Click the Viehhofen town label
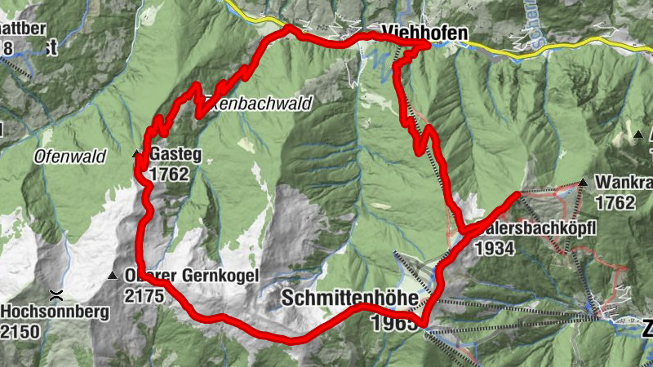[423, 33]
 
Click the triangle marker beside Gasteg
[136, 153]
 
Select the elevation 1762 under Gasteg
[169, 174]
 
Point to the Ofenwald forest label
[70, 156]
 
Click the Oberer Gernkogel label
[191, 276]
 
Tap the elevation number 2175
[144, 295]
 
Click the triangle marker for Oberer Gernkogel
[113, 275]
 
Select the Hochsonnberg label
[46, 312]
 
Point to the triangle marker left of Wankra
[584, 182]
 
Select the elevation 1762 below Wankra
[615, 201]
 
